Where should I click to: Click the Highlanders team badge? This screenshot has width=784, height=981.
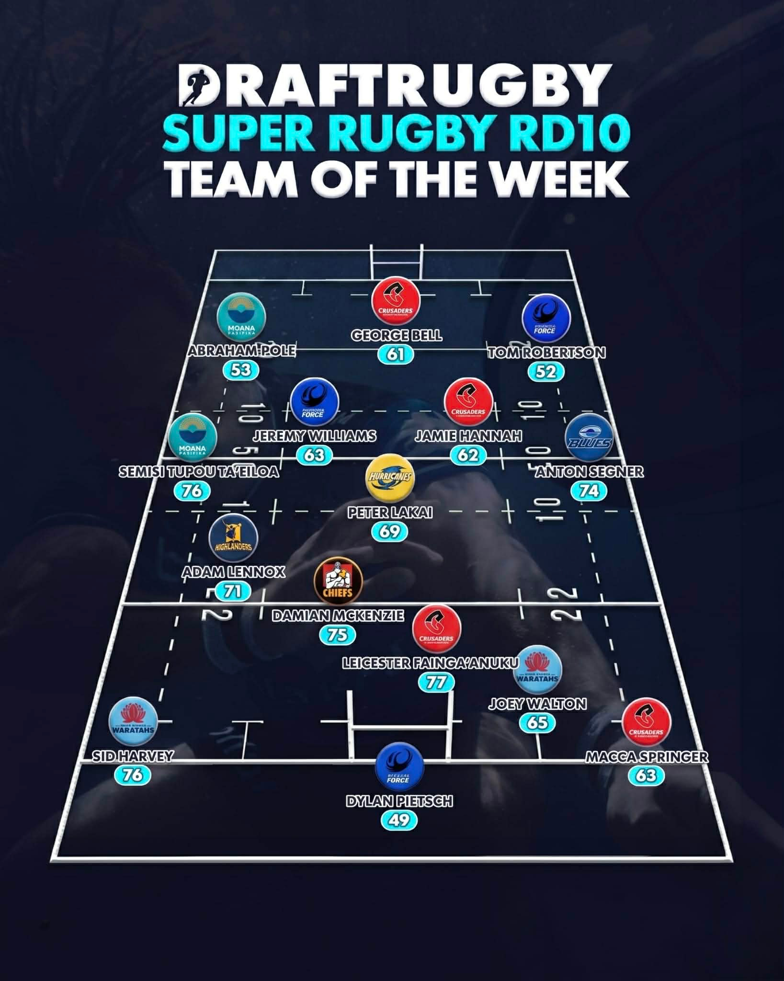(233, 539)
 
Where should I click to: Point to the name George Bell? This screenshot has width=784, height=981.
(397, 335)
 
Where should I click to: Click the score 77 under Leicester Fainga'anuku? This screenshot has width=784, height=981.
(436, 682)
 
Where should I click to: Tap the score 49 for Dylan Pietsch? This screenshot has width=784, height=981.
(399, 821)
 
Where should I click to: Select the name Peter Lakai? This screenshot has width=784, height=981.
(390, 513)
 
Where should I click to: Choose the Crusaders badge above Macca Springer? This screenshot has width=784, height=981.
(646, 724)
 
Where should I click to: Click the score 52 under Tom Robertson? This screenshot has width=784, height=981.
(545, 372)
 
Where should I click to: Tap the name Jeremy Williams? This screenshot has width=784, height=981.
(315, 436)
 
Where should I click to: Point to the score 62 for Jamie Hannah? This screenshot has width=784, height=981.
(468, 454)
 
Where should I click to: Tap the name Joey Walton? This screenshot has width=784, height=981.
(537, 704)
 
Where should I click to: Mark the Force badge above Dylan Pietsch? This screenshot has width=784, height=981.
(399, 765)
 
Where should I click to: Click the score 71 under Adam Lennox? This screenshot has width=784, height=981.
(233, 591)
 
